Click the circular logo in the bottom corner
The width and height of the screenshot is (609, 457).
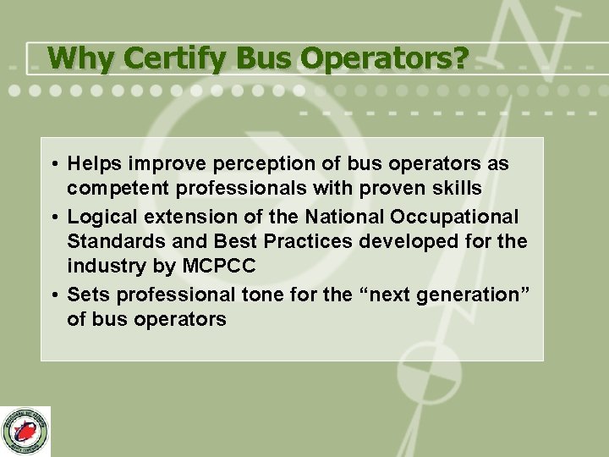[26, 431]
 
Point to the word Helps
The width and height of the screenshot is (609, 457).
[95, 162]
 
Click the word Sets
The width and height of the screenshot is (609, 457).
[88, 294]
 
